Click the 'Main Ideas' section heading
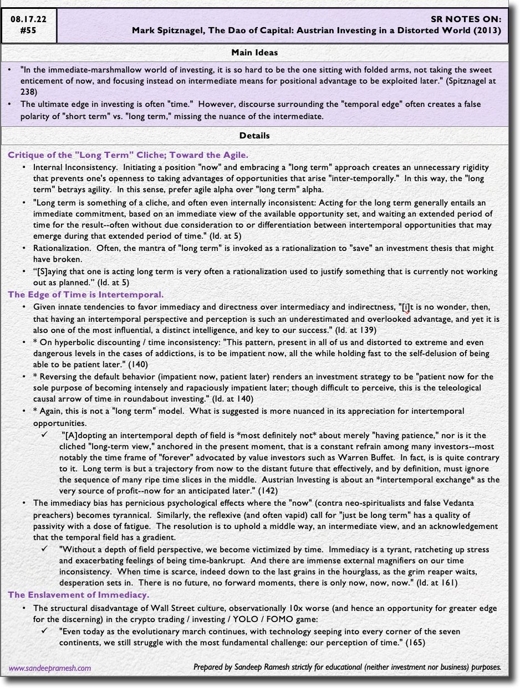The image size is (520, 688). pos(254,53)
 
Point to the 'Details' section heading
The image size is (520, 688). pos(254,135)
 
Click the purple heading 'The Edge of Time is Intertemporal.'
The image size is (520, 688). pos(85,295)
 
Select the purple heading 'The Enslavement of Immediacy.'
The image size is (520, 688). pos(78,595)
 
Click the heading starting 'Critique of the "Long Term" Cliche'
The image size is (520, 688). pos(128,155)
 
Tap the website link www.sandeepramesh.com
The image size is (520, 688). pos(50,668)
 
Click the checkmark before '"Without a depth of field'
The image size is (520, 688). pos(45,550)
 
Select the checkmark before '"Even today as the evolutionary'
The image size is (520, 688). pos(45,631)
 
